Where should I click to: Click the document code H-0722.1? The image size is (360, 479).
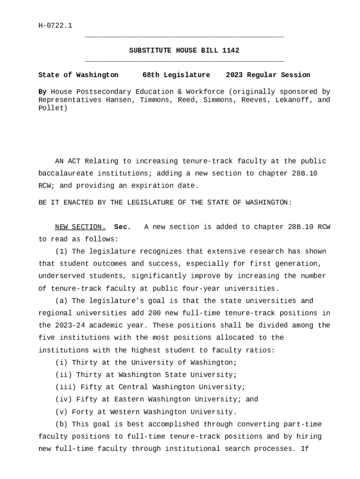[x=55, y=25]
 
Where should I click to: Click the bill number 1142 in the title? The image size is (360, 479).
[x=231, y=51]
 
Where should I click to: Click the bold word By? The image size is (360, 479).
[x=42, y=92]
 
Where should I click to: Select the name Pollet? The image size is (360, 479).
[x=53, y=109]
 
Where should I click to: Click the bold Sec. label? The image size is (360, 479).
[x=122, y=227]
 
